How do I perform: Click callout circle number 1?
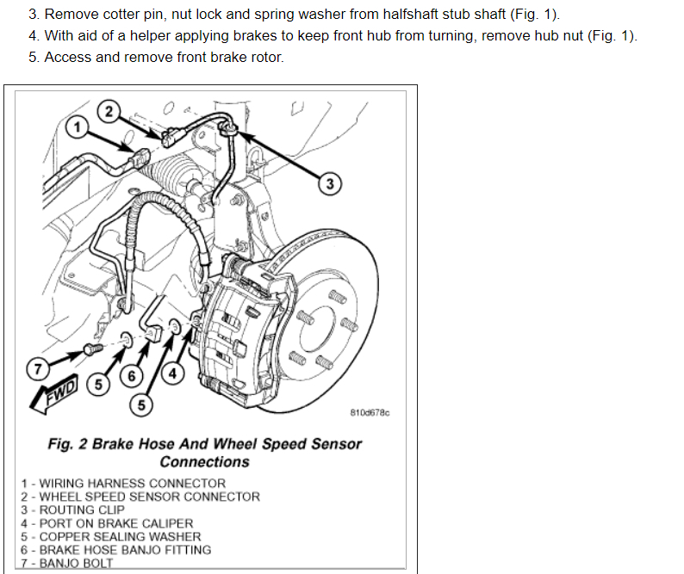point(78,127)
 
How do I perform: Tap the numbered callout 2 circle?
point(109,110)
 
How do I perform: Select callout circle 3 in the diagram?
point(329,182)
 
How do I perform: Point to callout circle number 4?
point(172,374)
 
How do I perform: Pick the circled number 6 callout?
point(132,376)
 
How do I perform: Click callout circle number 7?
point(38,370)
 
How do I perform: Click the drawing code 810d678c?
point(370,413)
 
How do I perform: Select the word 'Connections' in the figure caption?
point(204,462)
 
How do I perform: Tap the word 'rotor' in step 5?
point(264,57)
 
